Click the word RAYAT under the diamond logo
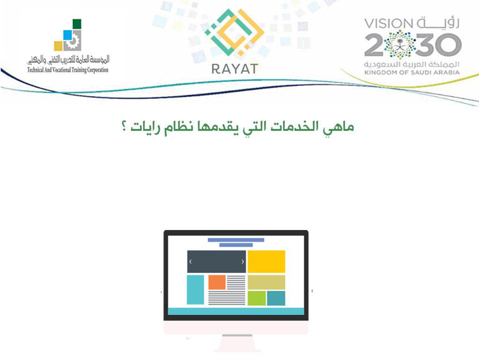pos(235,69)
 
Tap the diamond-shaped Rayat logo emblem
pos(235,32)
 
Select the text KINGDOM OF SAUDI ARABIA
pos(412,72)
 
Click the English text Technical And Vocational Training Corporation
pos(67,70)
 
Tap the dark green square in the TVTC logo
pos(77,24)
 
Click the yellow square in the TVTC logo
pos(58,46)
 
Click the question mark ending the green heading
pos(124,126)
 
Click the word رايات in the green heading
pos(145,127)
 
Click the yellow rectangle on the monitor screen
pos(266,262)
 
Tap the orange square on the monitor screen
pos(217,282)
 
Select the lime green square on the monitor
pos(257,298)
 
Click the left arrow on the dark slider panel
pos(190,262)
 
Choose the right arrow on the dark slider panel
pos(243,262)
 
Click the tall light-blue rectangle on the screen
pos(195,290)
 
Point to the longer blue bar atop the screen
pos(236,240)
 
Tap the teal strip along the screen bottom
pos(236,311)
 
